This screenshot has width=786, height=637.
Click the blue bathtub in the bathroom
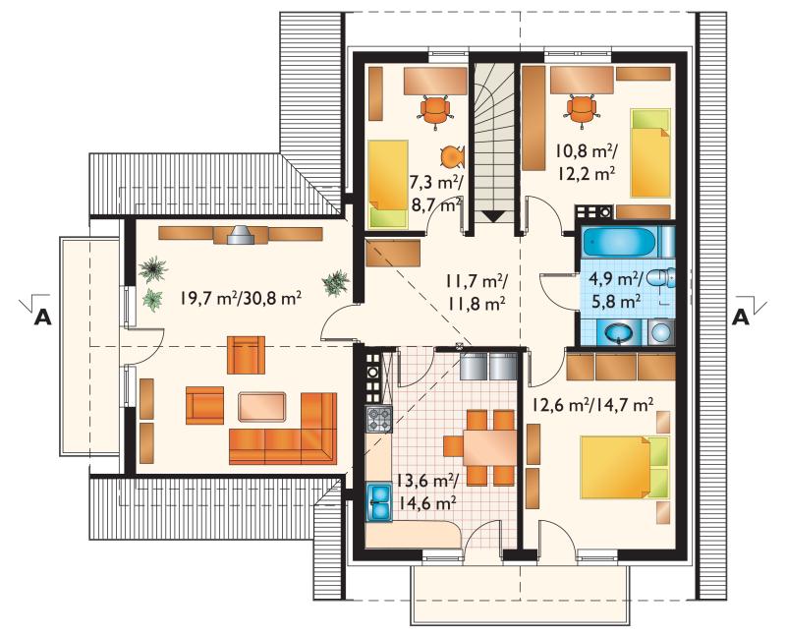(619, 242)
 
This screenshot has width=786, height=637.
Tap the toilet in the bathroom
(661, 278)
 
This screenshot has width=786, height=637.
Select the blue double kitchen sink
(379, 502)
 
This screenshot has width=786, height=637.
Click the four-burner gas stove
(379, 420)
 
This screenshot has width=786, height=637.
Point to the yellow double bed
(625, 468)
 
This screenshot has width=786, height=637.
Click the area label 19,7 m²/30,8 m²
(241, 299)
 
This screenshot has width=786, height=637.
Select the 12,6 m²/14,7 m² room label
(592, 404)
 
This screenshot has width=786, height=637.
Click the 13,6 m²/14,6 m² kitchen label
(426, 491)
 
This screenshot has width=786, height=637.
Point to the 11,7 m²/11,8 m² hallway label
(476, 292)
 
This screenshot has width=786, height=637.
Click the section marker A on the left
(42, 317)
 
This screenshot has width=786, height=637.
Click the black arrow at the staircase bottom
(494, 216)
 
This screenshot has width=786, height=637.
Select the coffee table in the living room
(262, 406)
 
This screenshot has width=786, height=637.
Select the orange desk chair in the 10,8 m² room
(582, 108)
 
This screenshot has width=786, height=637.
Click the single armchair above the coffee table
(247, 355)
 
